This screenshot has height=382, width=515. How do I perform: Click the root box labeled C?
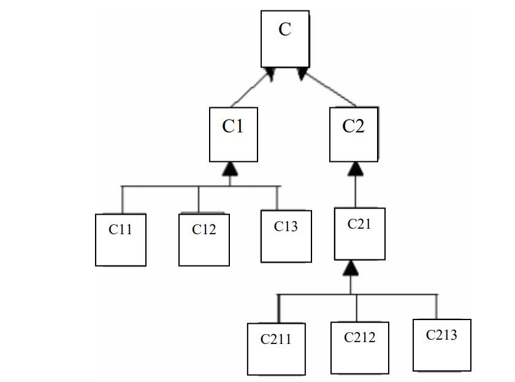tap(285, 39)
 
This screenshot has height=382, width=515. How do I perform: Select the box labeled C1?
tap(233, 134)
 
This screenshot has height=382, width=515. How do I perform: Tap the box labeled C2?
tap(353, 134)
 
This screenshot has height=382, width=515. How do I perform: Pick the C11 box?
tap(120, 240)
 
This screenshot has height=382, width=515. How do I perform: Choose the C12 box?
tap(204, 239)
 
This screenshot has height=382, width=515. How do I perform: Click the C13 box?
tap(286, 236)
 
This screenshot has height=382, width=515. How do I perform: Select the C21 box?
tap(360, 234)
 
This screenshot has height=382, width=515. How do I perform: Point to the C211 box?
tap(276, 348)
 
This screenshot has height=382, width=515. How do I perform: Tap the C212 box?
tap(359, 347)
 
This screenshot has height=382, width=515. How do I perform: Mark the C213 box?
tap(441, 345)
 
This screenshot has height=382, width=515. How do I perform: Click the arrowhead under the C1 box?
tap(230, 169)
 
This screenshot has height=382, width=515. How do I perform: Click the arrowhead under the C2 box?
tap(356, 169)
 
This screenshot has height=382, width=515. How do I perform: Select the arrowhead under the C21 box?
tap(350, 267)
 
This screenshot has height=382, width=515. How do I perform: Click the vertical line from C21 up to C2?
tap(356, 191)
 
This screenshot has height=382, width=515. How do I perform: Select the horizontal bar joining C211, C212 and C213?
tap(392, 294)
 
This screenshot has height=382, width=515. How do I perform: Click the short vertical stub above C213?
tap(437, 307)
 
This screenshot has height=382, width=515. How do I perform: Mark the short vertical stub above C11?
tap(122, 199)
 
